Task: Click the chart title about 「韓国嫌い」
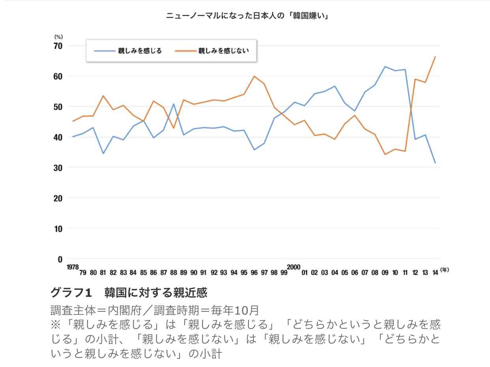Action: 247,16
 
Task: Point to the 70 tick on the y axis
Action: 58,46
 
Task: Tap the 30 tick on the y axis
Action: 58,168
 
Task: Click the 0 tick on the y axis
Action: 60,259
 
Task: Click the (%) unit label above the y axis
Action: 58,37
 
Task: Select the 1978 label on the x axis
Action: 73,267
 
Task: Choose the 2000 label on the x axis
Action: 294,267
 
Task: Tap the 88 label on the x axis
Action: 174,272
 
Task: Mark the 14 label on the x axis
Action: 435,272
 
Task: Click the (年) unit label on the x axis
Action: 445,270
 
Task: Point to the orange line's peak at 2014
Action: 435,56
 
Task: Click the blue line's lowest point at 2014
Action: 435,163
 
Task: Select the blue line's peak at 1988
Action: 174,104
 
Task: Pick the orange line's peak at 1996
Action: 254,76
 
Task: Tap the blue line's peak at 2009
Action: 385,66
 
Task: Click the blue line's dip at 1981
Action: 103,153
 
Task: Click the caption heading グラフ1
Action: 71,293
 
